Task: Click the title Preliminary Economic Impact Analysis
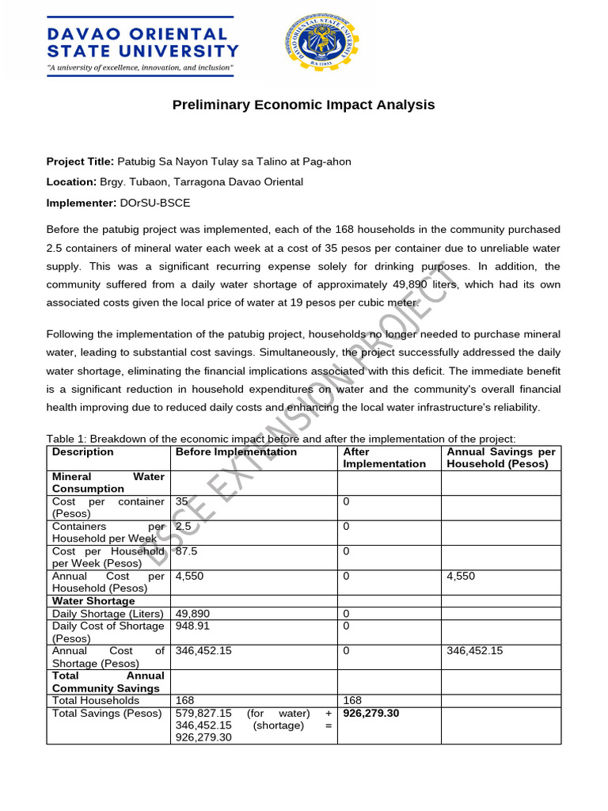click(x=304, y=105)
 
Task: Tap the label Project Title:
click(x=80, y=162)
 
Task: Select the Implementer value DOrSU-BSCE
click(x=155, y=203)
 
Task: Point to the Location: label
click(x=71, y=182)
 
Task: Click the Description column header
click(x=82, y=452)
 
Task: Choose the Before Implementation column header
click(x=236, y=452)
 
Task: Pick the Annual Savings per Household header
click(x=500, y=458)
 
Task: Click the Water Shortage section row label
click(x=93, y=601)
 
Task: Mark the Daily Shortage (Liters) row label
click(x=107, y=614)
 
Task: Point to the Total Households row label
click(x=95, y=700)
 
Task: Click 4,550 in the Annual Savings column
click(x=461, y=576)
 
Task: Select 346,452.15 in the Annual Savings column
click(x=474, y=651)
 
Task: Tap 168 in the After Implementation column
click(x=352, y=700)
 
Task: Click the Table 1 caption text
click(x=281, y=439)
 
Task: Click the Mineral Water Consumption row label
click(x=108, y=483)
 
